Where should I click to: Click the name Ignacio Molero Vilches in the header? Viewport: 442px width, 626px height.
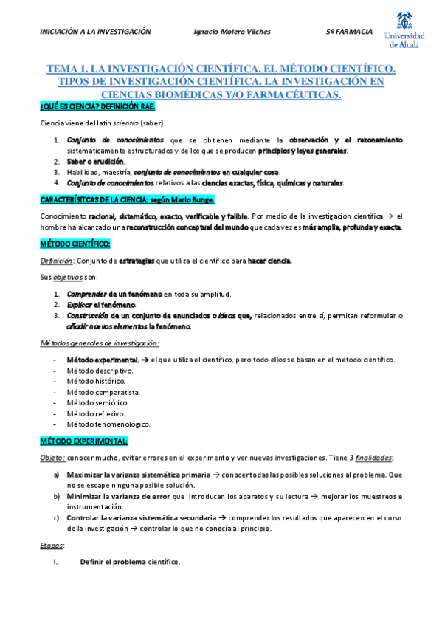tap(232, 32)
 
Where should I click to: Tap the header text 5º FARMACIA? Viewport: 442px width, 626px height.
tap(348, 32)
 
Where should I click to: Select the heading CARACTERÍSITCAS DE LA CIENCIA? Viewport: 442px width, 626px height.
tap(116, 199)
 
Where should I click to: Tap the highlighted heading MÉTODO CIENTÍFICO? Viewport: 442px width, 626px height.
tap(75, 244)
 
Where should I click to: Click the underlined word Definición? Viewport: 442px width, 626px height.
tap(56, 261)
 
